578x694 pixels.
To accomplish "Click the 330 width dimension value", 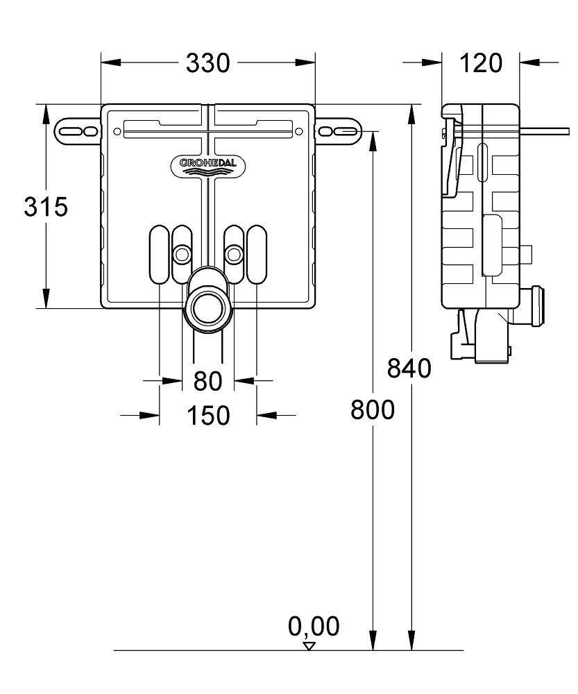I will (207, 63).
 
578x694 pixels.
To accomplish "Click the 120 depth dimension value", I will (481, 63).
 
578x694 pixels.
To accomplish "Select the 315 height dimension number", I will (46, 207).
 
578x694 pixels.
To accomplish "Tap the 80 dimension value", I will (207, 381).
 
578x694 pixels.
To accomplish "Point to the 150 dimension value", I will (207, 416).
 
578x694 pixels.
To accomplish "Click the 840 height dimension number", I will (409, 369).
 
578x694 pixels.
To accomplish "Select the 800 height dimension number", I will (373, 410).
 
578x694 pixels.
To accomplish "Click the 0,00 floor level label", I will (314, 627).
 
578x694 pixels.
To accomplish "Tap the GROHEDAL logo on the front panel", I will (207, 164).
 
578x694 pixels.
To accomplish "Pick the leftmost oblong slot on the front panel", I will (158, 255).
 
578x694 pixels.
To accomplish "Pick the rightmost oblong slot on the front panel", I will (257, 255).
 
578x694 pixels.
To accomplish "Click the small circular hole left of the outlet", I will (182, 255).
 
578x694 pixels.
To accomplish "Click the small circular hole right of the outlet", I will (233, 255).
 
